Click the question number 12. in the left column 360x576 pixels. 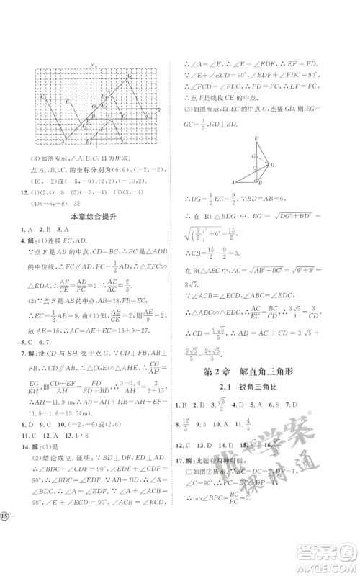tap(26, 192)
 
